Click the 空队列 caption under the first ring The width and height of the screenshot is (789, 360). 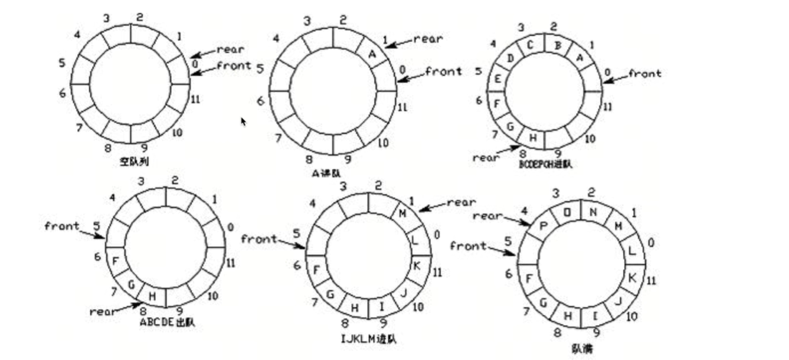[134, 160]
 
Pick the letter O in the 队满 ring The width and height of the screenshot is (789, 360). [567, 212]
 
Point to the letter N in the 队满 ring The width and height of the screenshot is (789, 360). [594, 211]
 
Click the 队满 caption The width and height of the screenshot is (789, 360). [582, 349]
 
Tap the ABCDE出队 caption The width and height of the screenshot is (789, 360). [167, 323]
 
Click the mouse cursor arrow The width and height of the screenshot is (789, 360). [243, 121]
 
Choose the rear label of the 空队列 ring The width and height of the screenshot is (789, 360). [230, 50]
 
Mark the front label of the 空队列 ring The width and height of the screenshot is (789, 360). [234, 65]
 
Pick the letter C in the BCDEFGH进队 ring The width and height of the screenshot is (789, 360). [531, 44]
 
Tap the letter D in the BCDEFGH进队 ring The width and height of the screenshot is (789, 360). [511, 57]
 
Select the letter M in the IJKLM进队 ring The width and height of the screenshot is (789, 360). [403, 213]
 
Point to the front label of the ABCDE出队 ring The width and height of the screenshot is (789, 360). [62, 226]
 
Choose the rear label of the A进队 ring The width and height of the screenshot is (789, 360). [427, 39]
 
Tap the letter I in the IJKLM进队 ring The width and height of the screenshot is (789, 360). [381, 307]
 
